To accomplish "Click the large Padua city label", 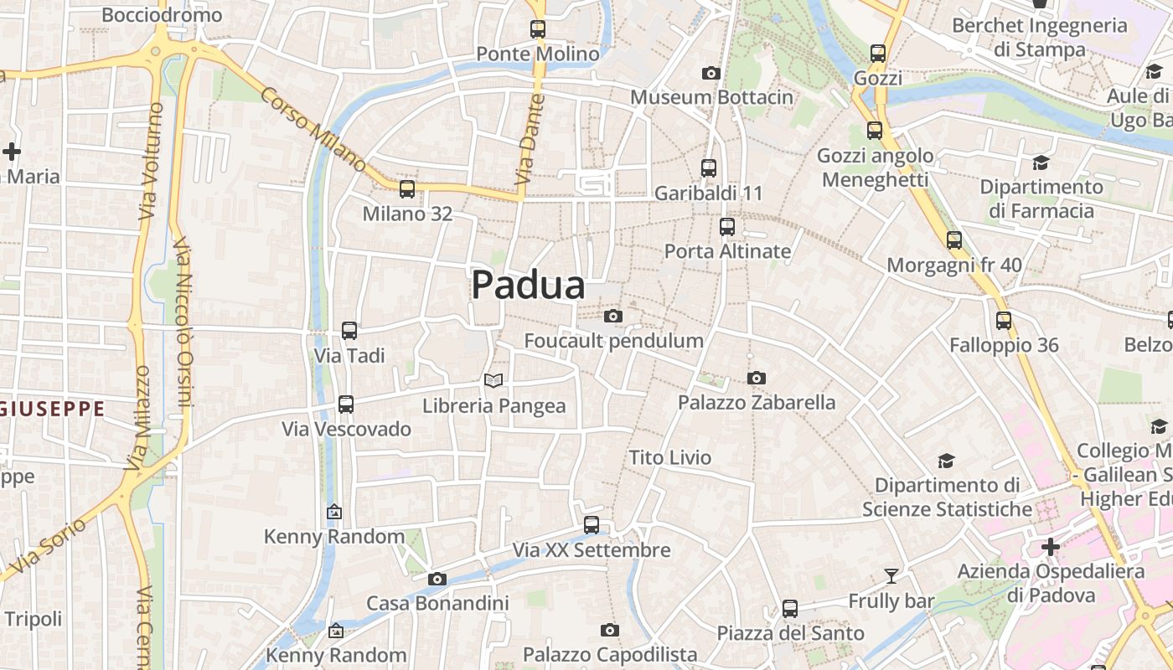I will click(x=528, y=285).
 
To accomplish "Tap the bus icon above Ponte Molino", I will click(x=538, y=29).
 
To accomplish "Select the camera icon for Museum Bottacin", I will click(x=711, y=74).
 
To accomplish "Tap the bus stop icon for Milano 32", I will click(x=407, y=189).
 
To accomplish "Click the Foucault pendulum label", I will click(x=613, y=341).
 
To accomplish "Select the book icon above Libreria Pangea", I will click(x=494, y=381).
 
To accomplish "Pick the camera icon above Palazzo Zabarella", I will click(x=757, y=379).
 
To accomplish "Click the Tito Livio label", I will click(x=670, y=458).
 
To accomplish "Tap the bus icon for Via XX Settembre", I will click(x=592, y=526).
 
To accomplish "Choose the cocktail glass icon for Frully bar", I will click(x=891, y=576).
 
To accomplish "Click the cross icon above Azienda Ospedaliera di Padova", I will click(x=1051, y=548).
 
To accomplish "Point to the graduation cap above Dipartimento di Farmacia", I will click(x=1041, y=162).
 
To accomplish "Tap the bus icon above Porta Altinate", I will click(x=727, y=227).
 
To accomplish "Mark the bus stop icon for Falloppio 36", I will click(x=1004, y=321).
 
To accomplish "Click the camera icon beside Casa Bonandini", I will click(x=437, y=579).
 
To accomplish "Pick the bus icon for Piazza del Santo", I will click(x=790, y=609).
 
